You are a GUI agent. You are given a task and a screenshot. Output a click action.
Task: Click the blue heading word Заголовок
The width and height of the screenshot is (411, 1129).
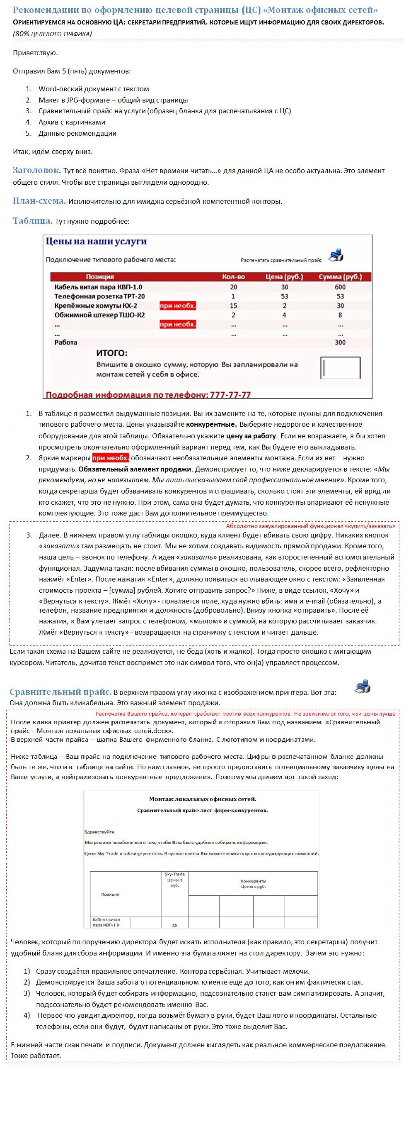(37, 170)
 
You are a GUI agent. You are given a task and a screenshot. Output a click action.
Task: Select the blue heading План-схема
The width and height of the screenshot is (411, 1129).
(39, 201)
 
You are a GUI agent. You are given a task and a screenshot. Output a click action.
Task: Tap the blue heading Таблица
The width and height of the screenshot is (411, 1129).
(33, 221)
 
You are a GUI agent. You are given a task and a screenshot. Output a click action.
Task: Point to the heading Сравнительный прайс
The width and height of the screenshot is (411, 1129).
(60, 692)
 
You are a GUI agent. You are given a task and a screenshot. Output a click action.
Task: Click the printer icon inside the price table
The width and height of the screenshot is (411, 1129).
(336, 256)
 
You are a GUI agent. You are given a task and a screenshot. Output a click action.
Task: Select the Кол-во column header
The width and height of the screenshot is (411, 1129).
(233, 276)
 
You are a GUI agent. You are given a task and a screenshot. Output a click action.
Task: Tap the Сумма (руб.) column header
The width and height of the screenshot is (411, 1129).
(340, 276)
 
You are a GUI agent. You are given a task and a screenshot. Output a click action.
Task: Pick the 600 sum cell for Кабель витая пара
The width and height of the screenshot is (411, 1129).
(340, 287)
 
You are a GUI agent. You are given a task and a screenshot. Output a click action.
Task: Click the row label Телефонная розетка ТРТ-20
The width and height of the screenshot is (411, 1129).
(99, 296)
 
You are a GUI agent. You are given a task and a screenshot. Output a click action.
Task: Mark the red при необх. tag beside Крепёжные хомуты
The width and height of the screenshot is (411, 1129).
(178, 305)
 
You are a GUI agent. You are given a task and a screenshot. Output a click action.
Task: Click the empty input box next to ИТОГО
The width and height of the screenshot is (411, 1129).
(341, 367)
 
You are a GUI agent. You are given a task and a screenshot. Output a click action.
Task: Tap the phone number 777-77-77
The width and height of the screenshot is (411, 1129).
(230, 394)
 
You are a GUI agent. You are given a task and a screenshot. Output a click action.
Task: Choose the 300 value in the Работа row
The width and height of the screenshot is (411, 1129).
(340, 342)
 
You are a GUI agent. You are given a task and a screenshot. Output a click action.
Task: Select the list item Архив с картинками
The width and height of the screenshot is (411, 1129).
(72, 122)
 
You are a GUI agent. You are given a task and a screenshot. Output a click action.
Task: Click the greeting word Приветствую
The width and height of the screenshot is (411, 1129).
(36, 53)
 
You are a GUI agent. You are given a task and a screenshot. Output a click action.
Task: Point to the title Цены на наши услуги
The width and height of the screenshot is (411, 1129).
(96, 241)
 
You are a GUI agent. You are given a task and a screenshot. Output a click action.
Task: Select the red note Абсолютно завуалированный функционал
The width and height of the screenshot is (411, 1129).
(310, 526)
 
